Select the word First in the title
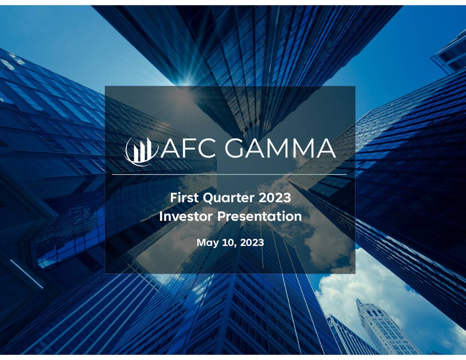(x=184, y=198)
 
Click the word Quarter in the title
(x=228, y=198)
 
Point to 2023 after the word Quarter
(x=275, y=198)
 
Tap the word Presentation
(x=260, y=216)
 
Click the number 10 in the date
(x=228, y=242)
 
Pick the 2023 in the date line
(x=252, y=242)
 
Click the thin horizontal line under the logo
(x=229, y=175)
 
